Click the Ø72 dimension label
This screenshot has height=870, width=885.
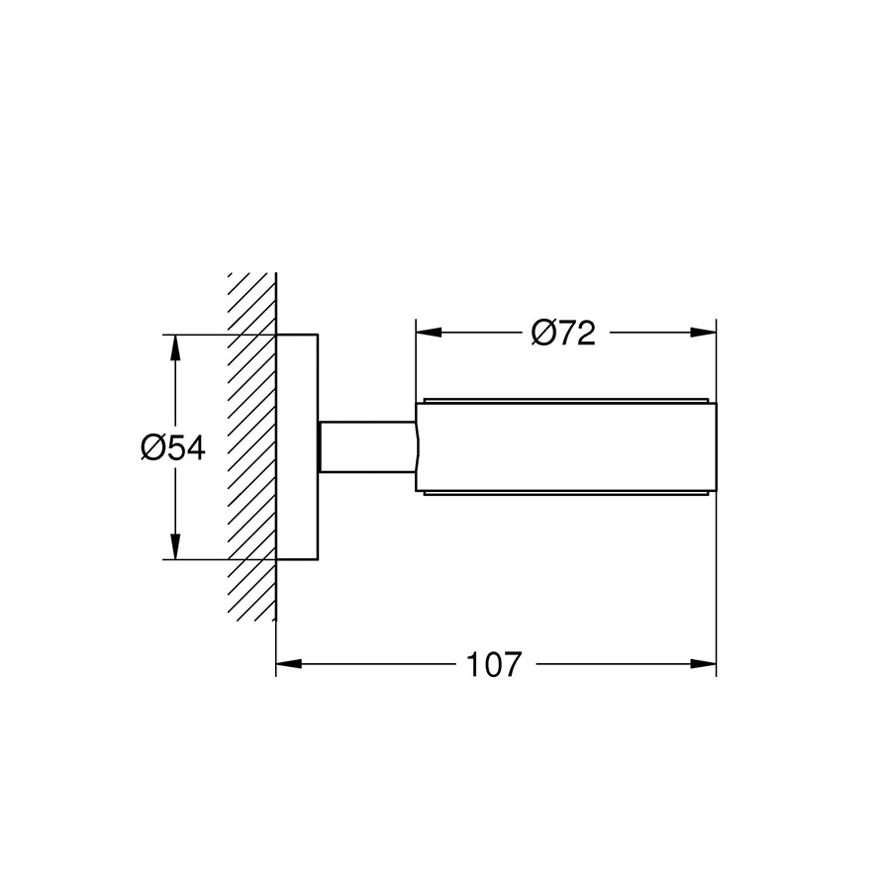point(563,334)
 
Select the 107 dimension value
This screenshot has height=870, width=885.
point(493,664)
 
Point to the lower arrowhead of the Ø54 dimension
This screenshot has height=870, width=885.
point(175,548)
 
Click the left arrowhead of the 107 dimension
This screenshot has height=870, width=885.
point(287,664)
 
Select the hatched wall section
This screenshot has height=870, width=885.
point(250,445)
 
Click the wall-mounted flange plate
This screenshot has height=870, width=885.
point(297,447)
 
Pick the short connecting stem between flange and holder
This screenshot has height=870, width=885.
point(366,447)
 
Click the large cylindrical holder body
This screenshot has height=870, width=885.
point(564,447)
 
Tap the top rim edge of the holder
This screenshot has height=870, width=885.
point(564,401)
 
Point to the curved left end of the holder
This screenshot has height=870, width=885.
point(419,447)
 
